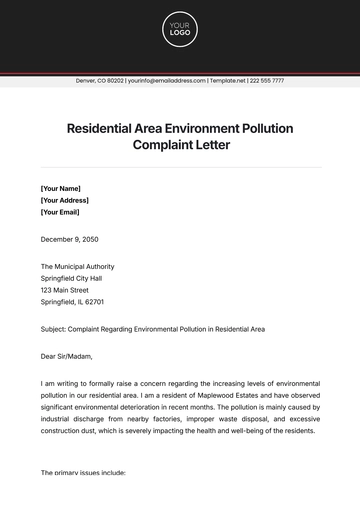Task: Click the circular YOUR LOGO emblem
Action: click(180, 30)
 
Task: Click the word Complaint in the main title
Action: click(166, 145)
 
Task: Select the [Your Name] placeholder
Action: click(61, 187)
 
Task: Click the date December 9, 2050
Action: click(72, 239)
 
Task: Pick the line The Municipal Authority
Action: click(77, 267)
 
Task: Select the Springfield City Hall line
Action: click(76, 278)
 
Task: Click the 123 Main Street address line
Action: click(70, 290)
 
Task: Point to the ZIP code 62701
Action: click(94, 302)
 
